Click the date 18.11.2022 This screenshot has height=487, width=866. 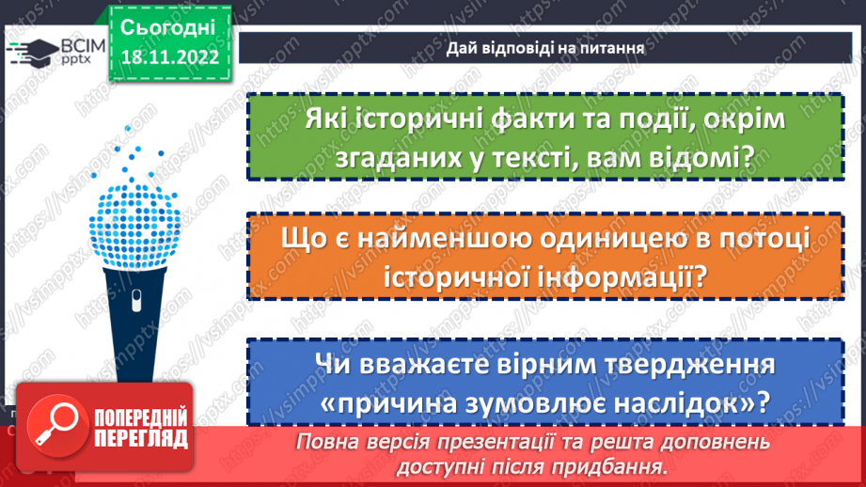tap(169, 55)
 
